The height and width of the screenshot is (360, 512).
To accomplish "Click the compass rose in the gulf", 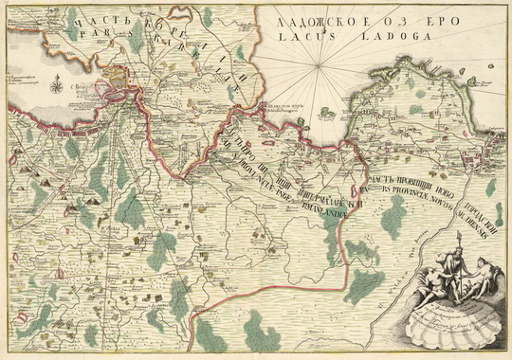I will click(56, 88).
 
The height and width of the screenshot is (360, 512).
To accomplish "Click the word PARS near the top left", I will click(93, 28).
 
